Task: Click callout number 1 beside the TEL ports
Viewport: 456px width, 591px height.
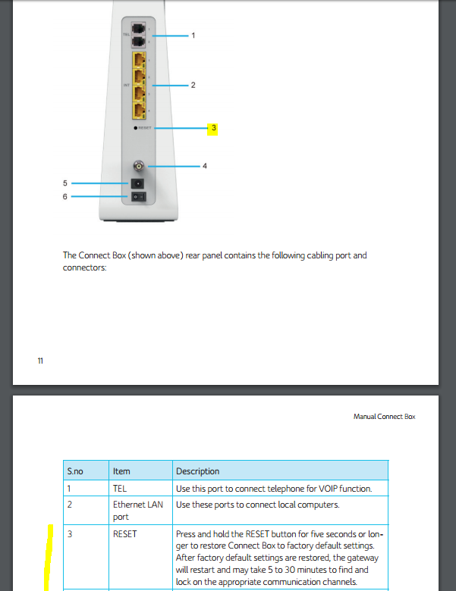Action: [x=193, y=36]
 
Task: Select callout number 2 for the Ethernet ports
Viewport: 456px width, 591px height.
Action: [x=193, y=86]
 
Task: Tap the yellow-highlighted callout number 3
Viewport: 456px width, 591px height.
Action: [x=214, y=129]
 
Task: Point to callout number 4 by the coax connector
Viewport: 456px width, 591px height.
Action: [x=204, y=166]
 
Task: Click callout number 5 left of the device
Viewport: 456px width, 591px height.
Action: [x=65, y=183]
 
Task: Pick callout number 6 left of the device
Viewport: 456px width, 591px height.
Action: [x=65, y=196]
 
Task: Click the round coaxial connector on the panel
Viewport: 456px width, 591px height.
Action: [x=139, y=166]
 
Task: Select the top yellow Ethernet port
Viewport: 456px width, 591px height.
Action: [x=139, y=59]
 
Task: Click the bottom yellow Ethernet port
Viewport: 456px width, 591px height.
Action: [x=139, y=111]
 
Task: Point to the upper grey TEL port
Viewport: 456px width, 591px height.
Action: [x=139, y=29]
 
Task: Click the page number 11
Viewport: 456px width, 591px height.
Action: [x=40, y=361]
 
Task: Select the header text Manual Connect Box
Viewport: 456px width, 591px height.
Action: [x=384, y=417]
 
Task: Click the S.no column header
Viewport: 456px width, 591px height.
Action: [x=75, y=471]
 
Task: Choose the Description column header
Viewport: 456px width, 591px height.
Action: [x=197, y=471]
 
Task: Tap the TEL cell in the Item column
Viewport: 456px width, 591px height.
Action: [x=120, y=489]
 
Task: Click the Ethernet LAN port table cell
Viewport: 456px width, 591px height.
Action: [x=139, y=510]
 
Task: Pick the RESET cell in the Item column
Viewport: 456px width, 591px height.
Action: [x=125, y=534]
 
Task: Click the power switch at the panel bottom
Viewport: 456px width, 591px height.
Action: [x=139, y=197]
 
